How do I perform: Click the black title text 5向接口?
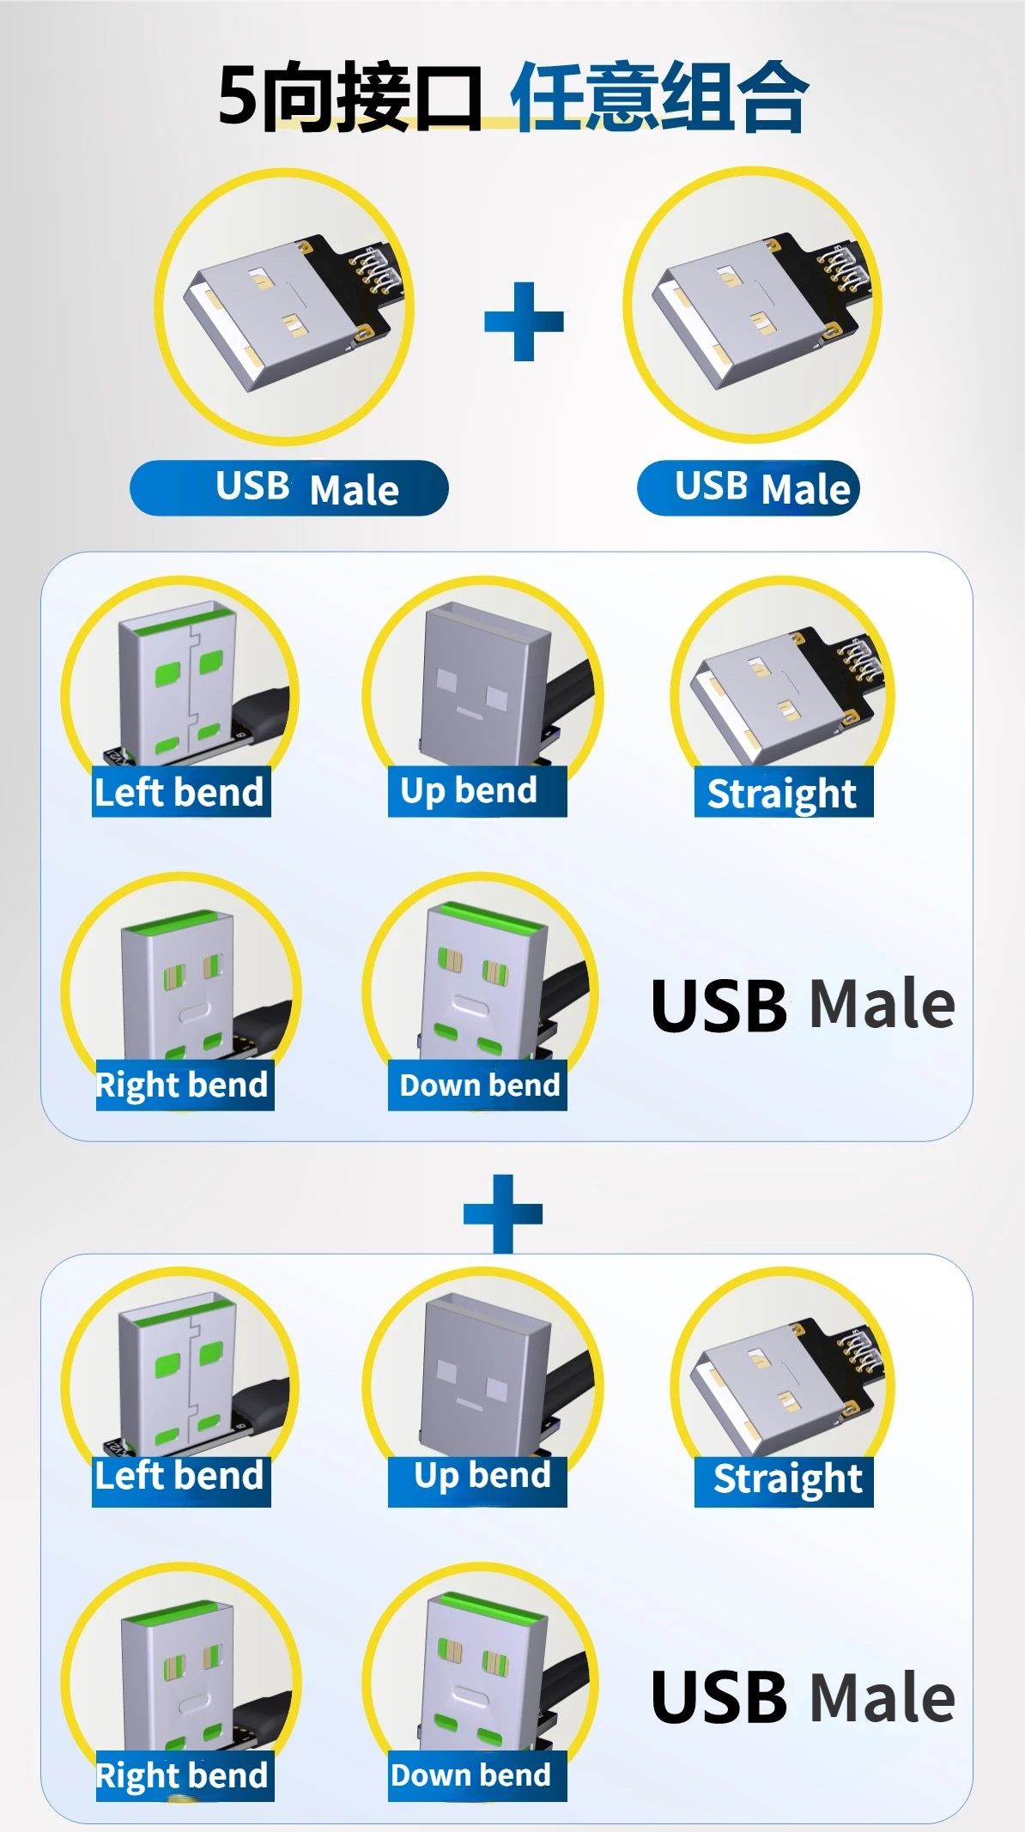349,97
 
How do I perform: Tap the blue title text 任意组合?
659,97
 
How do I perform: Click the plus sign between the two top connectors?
524,322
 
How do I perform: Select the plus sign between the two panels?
503,1213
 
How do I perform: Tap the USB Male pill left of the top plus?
289,488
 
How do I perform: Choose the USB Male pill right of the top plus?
748,488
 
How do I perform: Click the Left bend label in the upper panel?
181,792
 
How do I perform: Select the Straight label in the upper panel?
783,793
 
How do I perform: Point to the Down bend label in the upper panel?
477,1085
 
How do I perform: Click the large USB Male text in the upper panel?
803,1005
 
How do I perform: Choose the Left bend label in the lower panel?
181,1476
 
